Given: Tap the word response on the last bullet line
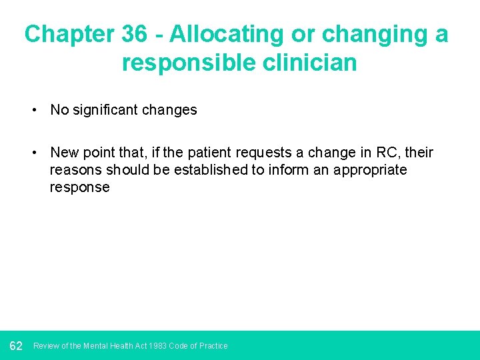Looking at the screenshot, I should click(x=79, y=187).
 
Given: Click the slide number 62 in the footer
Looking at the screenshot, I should click(x=16, y=345).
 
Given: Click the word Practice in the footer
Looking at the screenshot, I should click(x=213, y=346).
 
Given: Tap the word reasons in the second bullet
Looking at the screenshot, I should click(x=74, y=170).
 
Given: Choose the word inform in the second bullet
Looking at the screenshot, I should click(x=287, y=170).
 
